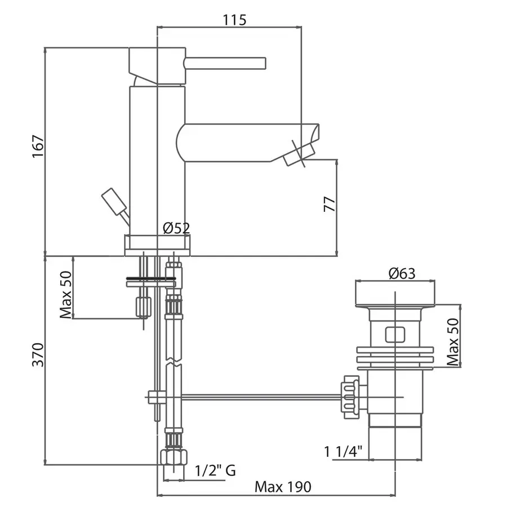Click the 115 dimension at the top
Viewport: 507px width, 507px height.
235,20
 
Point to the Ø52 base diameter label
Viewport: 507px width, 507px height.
176,228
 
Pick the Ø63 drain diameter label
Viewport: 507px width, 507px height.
402,274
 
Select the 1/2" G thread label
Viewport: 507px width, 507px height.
215,470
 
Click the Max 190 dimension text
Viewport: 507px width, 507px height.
283,486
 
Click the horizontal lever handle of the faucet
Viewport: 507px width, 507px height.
225,63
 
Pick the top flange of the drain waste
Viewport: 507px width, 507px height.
394,292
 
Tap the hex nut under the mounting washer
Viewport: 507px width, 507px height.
144,306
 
